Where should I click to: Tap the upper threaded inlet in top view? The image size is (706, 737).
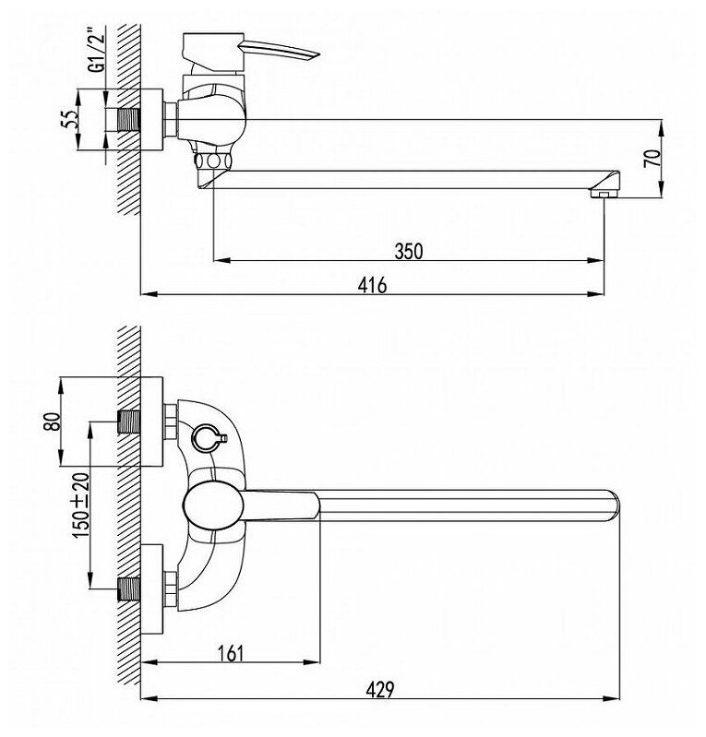130,422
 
